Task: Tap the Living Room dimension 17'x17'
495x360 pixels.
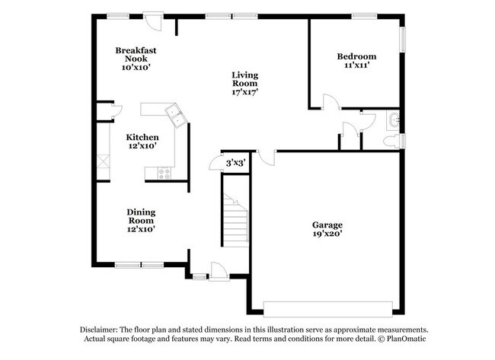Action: pyautogui.click(x=245, y=91)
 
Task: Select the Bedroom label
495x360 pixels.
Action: pyautogui.click(x=356, y=56)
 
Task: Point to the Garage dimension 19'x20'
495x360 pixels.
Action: pyautogui.click(x=327, y=234)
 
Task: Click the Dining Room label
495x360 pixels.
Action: pyautogui.click(x=141, y=216)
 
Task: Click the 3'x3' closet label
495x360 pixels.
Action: pyautogui.click(x=235, y=162)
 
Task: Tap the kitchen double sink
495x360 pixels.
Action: pyautogui.click(x=175, y=116)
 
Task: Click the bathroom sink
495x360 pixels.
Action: pyautogui.click(x=392, y=119)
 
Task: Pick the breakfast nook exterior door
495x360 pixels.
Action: pyautogui.click(x=154, y=19)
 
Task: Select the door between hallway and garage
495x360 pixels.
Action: pyautogui.click(x=265, y=155)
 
